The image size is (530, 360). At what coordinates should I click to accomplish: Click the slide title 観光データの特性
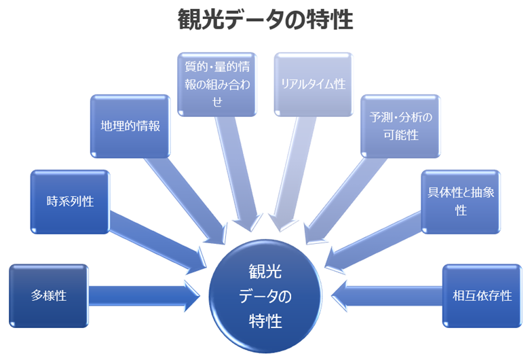[x=265, y=20]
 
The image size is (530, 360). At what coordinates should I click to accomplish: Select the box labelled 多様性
[x=48, y=295]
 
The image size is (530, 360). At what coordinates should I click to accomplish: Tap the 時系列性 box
[x=70, y=201]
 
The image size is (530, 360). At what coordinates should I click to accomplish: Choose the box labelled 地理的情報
[x=130, y=126]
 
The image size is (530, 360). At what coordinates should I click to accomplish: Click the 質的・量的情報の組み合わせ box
[x=218, y=84]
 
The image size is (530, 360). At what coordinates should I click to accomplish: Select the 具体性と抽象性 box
[x=461, y=201]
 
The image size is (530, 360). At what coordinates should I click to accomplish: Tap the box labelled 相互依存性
[x=482, y=295]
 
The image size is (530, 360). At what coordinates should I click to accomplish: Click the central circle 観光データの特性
[x=265, y=297]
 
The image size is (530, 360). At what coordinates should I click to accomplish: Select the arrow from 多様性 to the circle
[x=143, y=295]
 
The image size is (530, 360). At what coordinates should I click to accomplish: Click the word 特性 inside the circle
[x=265, y=319]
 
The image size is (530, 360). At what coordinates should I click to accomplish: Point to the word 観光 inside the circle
[x=265, y=274]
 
